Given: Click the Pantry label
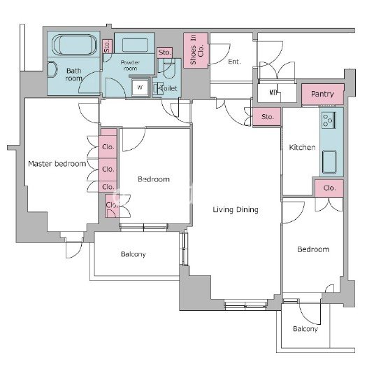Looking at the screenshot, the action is coord(322,94).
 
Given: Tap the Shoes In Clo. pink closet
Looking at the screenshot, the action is coord(196,50).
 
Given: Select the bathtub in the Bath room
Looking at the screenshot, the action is coord(75,45).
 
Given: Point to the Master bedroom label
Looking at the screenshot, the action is coord(57,164).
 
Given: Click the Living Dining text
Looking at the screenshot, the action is coord(236,209).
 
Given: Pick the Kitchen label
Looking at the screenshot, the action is coord(302,147).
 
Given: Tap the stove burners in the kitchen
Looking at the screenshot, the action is coord(329,120).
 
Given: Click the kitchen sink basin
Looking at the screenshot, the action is coord(329,162).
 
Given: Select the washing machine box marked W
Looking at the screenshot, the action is coord(140,88).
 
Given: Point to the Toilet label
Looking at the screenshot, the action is coord(168,88).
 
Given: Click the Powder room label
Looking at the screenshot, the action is coord(130,65).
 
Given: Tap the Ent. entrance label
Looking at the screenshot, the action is coord(234,62).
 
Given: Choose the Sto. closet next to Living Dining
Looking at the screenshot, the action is coord(267,117).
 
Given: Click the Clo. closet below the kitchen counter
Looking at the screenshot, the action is coord(329,188).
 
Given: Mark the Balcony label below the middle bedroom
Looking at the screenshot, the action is coord(133,254).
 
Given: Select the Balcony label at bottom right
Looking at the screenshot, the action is coord(305,328).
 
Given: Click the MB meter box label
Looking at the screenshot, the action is coord(273,92).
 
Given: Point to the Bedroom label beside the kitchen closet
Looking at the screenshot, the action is coord(313,249).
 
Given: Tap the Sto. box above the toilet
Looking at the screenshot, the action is coord(165,53).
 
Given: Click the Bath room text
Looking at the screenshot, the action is coord(73,75).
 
